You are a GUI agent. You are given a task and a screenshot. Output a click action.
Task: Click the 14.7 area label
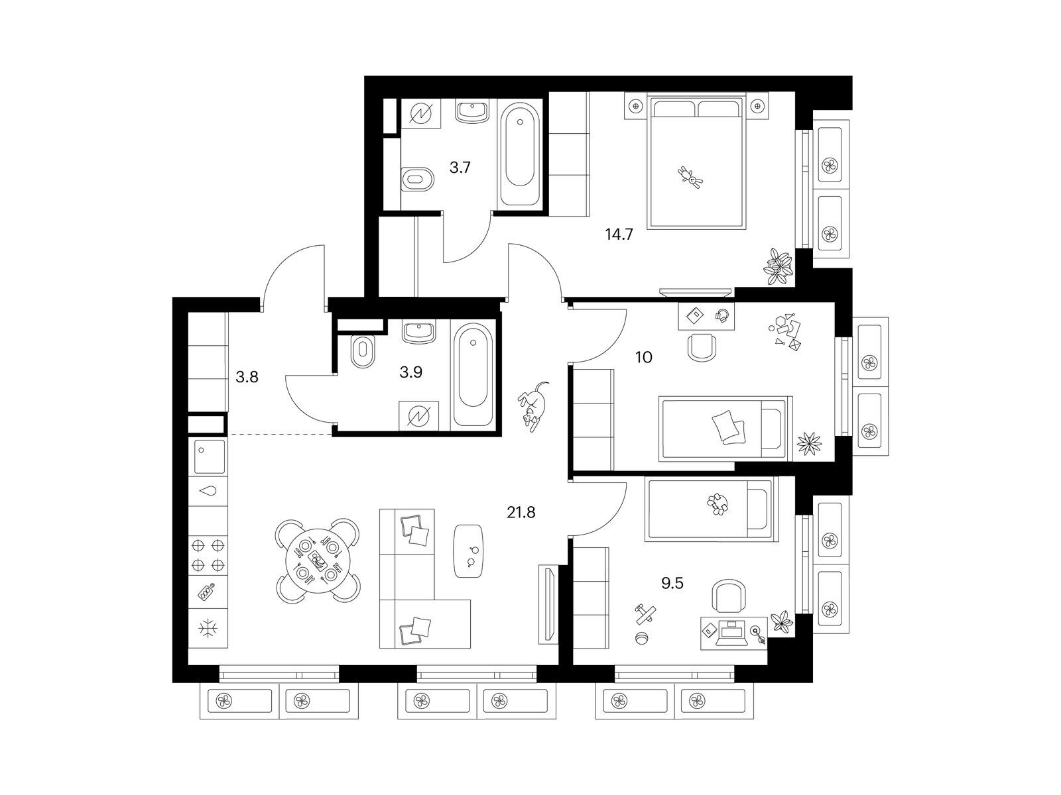click(x=619, y=235)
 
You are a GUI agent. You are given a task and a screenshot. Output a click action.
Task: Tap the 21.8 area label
click(x=521, y=512)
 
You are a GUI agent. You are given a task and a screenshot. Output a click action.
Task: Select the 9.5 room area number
click(x=672, y=584)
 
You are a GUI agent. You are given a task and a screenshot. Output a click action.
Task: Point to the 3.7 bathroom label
click(x=460, y=168)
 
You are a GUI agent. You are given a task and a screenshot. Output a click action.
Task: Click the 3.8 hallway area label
click(x=247, y=377)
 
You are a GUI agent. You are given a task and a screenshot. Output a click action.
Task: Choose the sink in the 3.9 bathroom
click(x=418, y=333)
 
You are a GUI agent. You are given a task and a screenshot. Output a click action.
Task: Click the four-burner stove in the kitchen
click(x=208, y=555)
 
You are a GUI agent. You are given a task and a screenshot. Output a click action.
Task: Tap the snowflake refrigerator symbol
click(x=208, y=629)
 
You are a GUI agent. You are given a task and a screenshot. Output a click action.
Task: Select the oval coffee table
click(x=468, y=551)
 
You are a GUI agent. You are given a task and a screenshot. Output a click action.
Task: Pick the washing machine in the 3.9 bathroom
click(x=418, y=415)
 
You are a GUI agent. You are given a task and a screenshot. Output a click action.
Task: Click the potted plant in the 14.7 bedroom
click(x=779, y=266)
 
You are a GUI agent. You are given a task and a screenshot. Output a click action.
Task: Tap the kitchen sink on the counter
click(x=209, y=456)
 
